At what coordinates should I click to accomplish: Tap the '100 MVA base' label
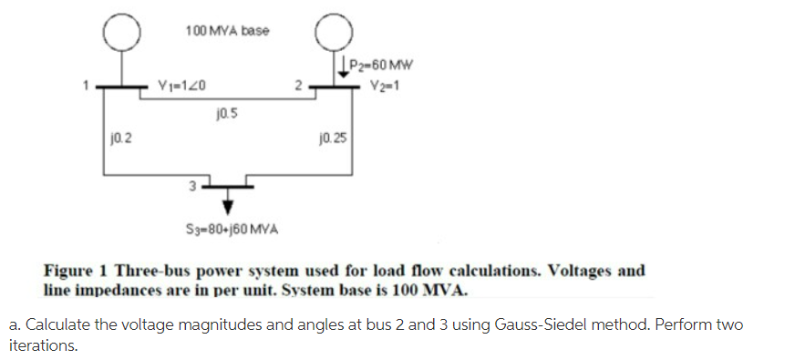227,31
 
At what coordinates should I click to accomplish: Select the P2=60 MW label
384,65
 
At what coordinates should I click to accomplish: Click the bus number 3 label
192,186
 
